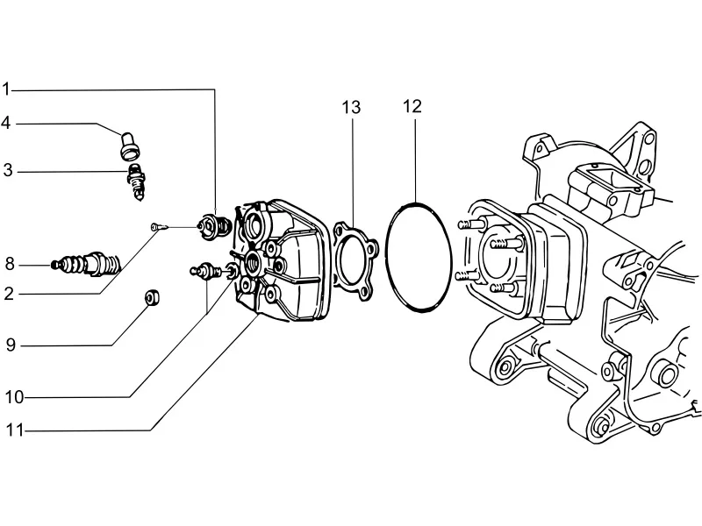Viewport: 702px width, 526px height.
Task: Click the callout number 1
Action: point(6,89)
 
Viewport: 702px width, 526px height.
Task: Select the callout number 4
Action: point(6,123)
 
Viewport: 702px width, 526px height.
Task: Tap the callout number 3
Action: point(8,171)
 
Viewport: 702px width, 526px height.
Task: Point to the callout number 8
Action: point(10,265)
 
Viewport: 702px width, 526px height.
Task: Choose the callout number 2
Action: point(9,294)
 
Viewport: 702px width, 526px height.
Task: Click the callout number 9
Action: point(11,345)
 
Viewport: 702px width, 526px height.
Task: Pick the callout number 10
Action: point(14,397)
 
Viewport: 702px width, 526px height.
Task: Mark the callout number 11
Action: point(14,430)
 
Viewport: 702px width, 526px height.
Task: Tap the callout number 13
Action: point(352,107)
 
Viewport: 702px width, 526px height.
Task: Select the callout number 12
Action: point(412,106)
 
